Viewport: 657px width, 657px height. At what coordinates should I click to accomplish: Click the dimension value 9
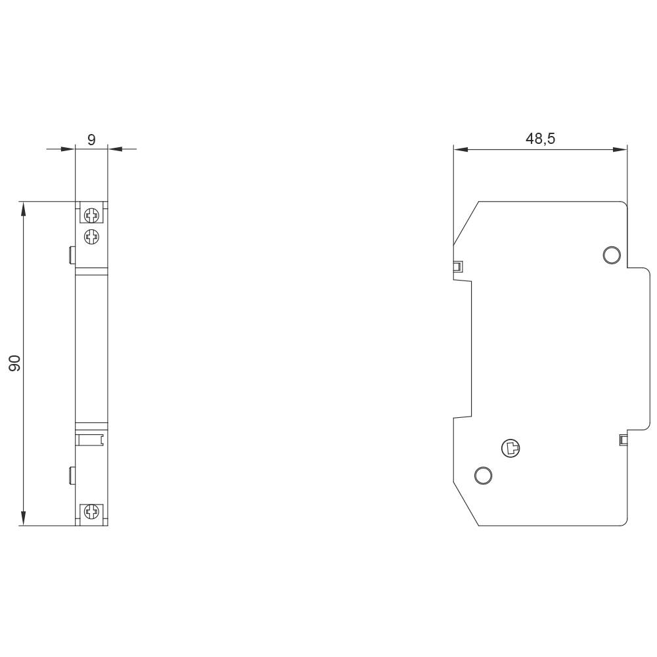91,139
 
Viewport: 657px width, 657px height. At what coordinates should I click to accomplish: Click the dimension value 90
15,363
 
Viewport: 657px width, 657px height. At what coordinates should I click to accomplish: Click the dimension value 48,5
540,139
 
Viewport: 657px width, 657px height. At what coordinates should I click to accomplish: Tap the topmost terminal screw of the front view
91,214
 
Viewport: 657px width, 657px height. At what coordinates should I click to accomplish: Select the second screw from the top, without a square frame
91,236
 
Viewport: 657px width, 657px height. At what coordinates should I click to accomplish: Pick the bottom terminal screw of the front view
91,512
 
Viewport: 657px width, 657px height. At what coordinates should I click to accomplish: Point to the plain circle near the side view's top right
612,254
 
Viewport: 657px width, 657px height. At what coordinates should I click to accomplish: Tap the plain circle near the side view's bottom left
483,474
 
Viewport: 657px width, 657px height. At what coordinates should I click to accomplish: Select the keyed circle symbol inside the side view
510,449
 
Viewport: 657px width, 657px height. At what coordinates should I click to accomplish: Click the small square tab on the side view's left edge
458,267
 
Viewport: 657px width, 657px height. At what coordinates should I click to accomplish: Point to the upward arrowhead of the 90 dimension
24,209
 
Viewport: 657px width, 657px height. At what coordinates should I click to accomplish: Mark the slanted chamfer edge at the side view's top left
466,223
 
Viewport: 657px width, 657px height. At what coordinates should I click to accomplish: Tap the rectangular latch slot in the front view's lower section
91,438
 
